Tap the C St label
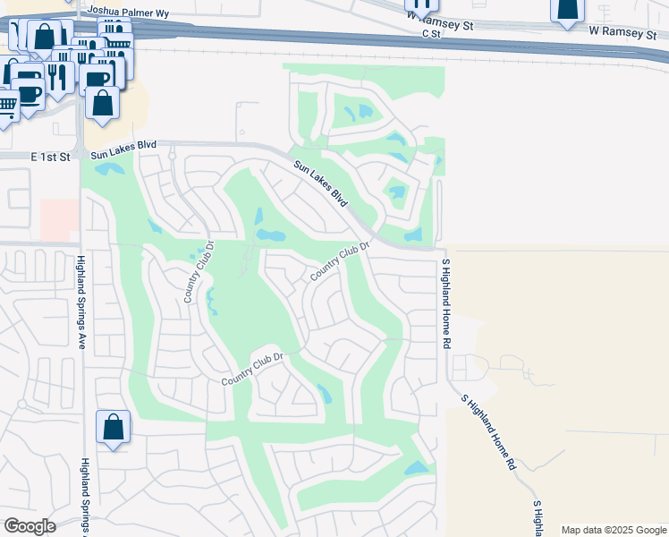point(432,33)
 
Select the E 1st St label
point(50,157)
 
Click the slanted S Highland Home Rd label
point(487,432)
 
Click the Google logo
point(30,526)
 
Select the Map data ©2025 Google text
point(614,530)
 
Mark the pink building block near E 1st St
point(58,219)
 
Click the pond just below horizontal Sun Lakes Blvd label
point(109,167)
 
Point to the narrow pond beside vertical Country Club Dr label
point(212,302)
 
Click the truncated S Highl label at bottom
point(538,518)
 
